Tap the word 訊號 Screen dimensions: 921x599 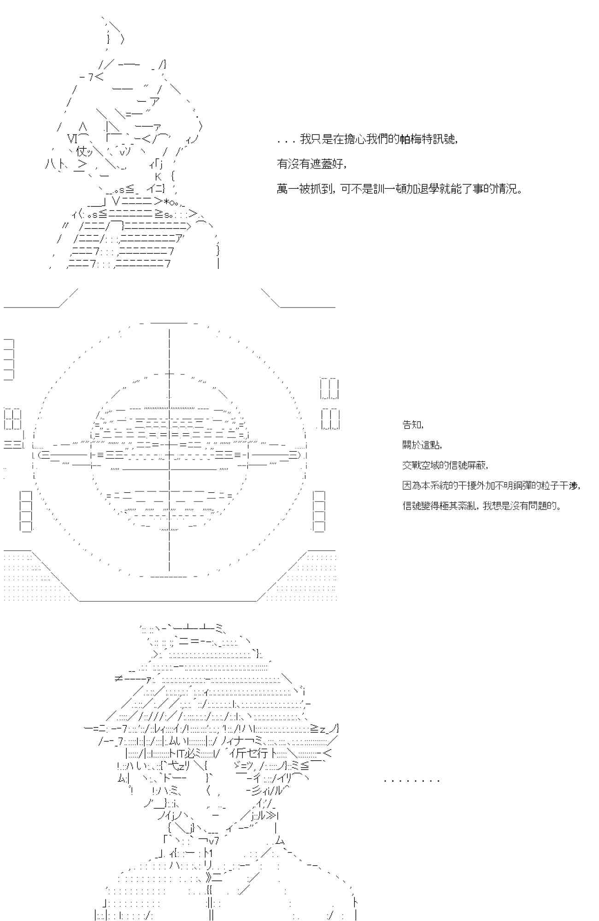pyautogui.click(x=444, y=139)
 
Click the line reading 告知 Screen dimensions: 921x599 pyautogui.click(x=412, y=425)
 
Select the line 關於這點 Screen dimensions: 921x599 pyautogui.click(x=422, y=445)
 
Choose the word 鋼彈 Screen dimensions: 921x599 pyautogui.click(x=523, y=485)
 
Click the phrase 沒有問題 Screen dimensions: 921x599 pyautogui.click(x=534, y=506)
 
